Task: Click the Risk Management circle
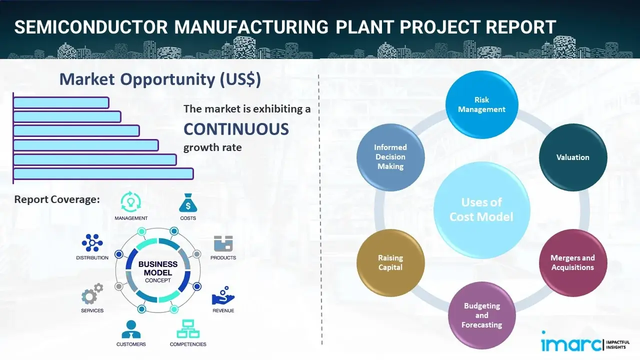(x=481, y=105)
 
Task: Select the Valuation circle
(x=572, y=157)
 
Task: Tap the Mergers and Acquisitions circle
(x=572, y=262)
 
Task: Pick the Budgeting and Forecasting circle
(x=481, y=315)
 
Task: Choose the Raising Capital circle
(x=390, y=262)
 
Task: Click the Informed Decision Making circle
(x=390, y=157)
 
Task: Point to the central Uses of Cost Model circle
(x=481, y=209)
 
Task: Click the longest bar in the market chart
(x=103, y=173)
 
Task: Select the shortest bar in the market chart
(x=61, y=102)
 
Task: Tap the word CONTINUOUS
(x=236, y=129)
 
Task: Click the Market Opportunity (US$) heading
(x=160, y=79)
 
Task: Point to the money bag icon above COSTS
(x=187, y=203)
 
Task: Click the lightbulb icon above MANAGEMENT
(x=130, y=202)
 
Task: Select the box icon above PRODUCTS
(x=223, y=243)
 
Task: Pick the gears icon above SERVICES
(x=92, y=295)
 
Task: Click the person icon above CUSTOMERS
(x=130, y=329)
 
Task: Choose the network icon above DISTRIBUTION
(x=92, y=243)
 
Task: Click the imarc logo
(x=572, y=344)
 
